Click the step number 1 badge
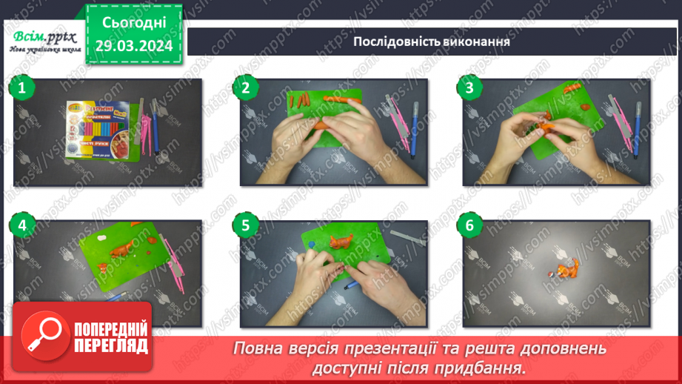(22, 87)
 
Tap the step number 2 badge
(245, 87)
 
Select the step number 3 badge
(469, 87)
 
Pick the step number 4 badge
(22, 223)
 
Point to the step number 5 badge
(245, 223)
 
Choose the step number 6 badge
(469, 223)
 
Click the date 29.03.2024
(134, 46)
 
